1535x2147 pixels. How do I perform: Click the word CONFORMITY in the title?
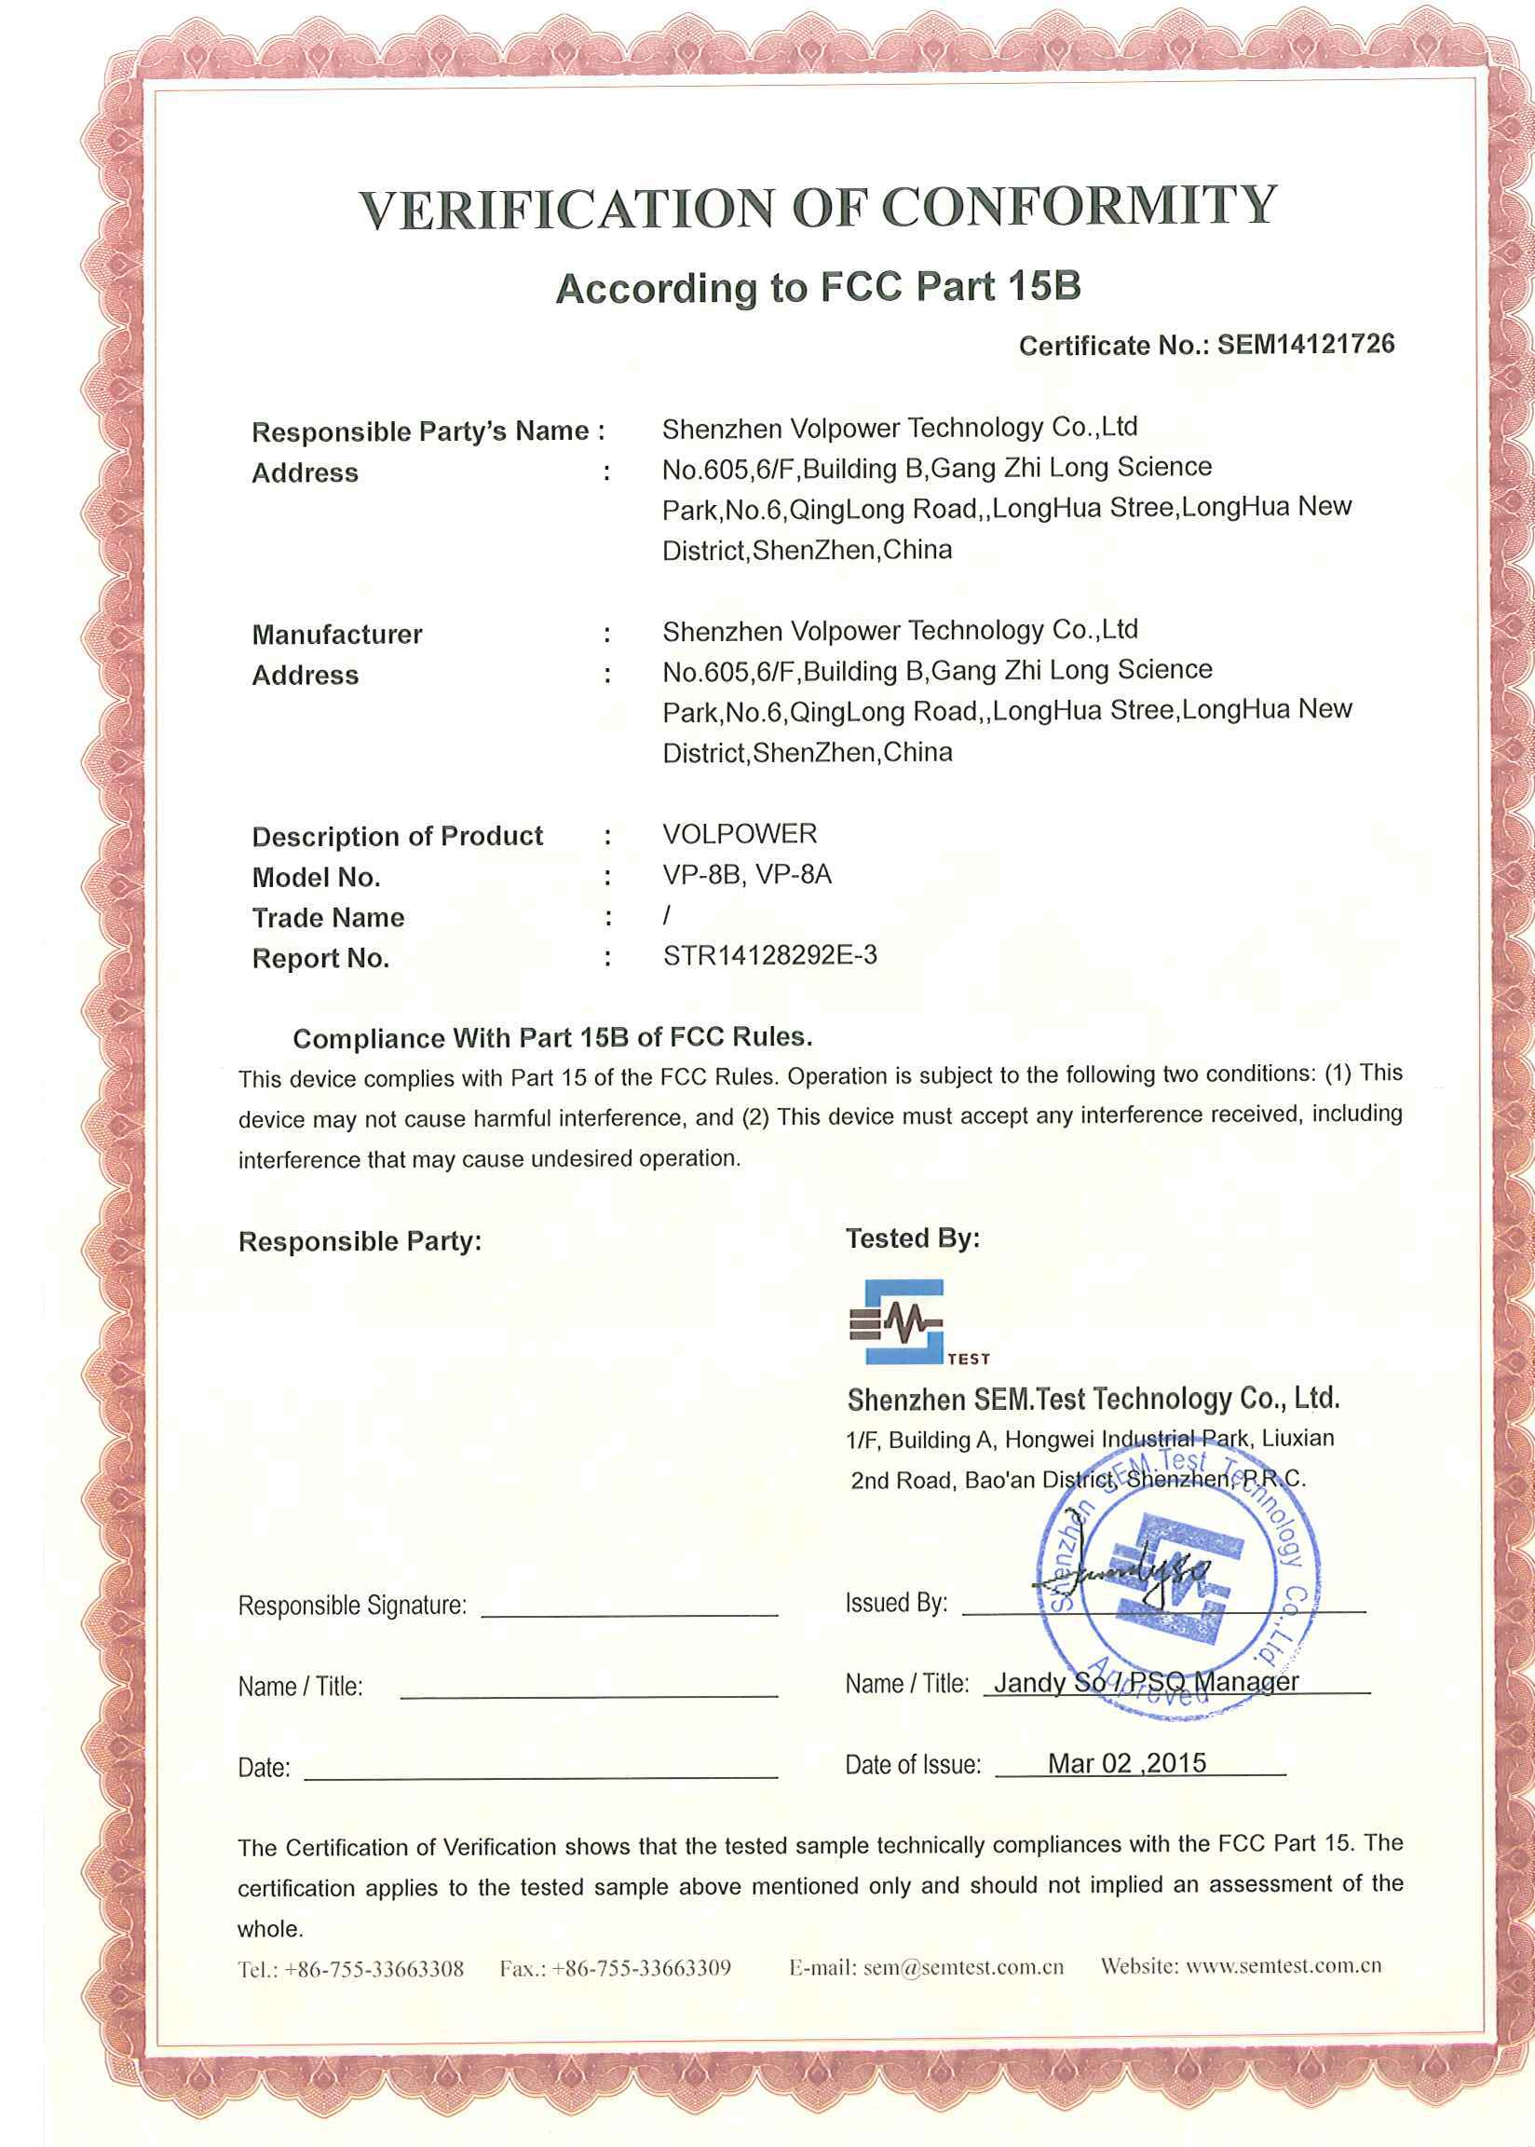tap(1079, 206)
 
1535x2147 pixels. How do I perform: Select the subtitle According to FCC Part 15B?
tap(818, 287)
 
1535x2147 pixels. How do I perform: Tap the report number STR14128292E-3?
tap(769, 956)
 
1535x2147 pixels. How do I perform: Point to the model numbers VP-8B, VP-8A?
tap(747, 874)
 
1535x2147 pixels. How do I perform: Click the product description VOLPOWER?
tap(740, 834)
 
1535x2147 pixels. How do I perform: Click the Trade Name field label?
tap(328, 917)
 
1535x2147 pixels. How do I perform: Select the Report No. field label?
tap(320, 959)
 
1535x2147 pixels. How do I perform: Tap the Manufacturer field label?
tap(336, 635)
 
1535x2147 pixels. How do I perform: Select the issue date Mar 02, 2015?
tap(1127, 1763)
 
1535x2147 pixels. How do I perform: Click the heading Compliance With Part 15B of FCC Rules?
tap(553, 1038)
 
